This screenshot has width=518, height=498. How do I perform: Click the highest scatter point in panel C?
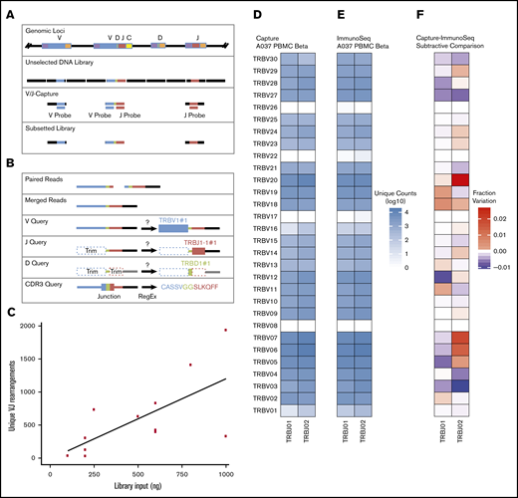[x=225, y=330]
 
